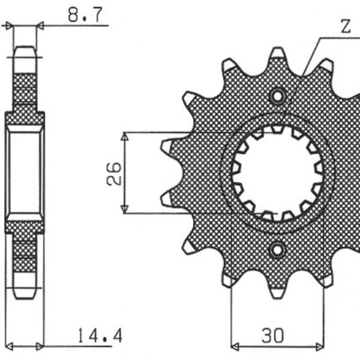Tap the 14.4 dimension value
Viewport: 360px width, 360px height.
click(100, 335)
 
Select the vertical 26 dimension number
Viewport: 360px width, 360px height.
click(114, 173)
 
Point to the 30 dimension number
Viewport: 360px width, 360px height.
click(273, 335)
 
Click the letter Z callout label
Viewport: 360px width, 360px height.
click(346, 26)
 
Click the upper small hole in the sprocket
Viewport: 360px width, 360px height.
click(277, 97)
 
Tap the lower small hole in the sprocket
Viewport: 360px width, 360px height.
click(277, 250)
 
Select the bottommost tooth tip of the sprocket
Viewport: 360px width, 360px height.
click(277, 297)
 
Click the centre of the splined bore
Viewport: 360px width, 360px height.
click(277, 173)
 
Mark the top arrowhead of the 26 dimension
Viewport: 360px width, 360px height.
click(124, 136)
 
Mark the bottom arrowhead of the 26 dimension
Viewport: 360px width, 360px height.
click(124, 209)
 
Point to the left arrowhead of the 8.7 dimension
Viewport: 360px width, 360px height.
click(9, 25)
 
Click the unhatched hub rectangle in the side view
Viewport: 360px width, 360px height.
click(25, 173)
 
